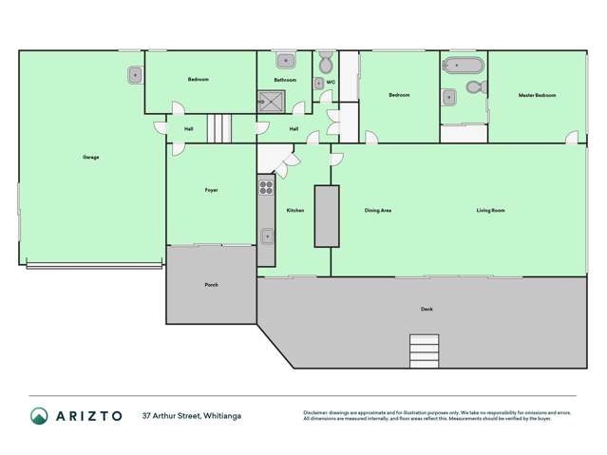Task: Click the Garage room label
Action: click(90, 157)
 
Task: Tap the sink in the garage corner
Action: click(134, 73)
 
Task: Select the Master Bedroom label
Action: click(537, 96)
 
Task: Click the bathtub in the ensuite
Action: click(464, 66)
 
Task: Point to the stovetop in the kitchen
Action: click(266, 187)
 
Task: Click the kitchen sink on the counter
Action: click(267, 235)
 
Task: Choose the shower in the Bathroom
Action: click(266, 97)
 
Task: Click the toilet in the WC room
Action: click(326, 65)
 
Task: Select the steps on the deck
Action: click(423, 350)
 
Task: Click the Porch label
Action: click(211, 285)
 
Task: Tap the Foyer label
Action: click(211, 190)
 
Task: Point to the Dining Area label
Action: click(378, 210)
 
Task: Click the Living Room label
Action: click(490, 210)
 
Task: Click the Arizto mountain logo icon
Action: click(39, 415)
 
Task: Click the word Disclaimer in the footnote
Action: click(315, 412)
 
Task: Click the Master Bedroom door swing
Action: click(571, 139)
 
